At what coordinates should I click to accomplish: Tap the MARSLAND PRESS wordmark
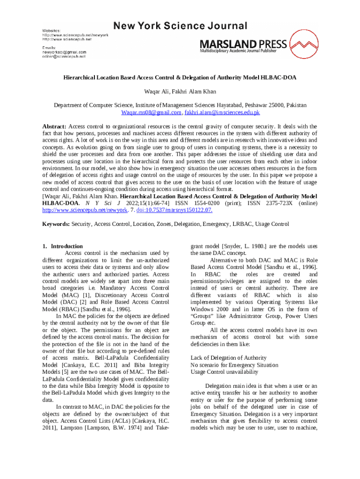[x=244, y=44]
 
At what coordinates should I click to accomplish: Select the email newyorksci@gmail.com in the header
[x=65, y=52]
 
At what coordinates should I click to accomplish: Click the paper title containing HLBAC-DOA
[x=180, y=78]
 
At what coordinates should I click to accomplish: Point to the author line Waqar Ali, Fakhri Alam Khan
[x=180, y=91]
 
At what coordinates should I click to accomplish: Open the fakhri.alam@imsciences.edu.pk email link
[x=222, y=113]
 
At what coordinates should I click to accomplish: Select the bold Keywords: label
[x=56, y=225]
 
